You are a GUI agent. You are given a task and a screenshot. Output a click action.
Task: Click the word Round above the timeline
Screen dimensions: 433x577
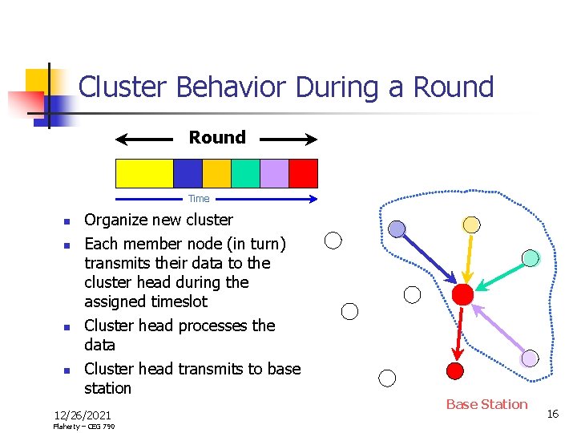tap(217, 137)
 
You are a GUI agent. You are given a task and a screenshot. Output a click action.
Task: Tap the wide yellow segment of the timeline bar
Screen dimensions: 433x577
tap(144, 173)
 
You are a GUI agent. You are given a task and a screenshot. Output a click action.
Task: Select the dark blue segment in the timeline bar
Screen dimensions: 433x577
tap(188, 173)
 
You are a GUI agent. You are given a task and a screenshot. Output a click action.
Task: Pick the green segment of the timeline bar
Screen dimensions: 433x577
tap(245, 173)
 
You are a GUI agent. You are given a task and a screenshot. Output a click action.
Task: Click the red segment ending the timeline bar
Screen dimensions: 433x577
tap(303, 173)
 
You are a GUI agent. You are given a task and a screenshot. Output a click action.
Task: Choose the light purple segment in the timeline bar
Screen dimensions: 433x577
tap(274, 173)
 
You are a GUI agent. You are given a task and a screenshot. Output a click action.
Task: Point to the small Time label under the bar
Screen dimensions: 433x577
tap(199, 199)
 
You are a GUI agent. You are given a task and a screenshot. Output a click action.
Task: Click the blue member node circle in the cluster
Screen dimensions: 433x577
tap(397, 229)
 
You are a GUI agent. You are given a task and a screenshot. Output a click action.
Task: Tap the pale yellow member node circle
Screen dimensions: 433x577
tap(472, 225)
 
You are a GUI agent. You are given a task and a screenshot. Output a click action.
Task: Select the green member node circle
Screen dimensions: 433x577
tap(531, 258)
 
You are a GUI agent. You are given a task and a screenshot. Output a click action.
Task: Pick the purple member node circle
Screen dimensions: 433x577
tap(530, 358)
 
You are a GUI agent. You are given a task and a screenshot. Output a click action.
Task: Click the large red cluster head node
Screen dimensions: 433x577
tap(462, 294)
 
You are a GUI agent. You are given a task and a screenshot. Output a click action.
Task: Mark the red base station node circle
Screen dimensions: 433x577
tap(454, 370)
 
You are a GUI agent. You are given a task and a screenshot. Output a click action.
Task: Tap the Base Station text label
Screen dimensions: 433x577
tap(486, 404)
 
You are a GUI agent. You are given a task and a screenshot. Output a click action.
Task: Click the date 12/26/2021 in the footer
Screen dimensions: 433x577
tap(82, 415)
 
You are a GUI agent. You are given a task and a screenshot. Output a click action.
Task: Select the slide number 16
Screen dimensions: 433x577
tap(552, 413)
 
